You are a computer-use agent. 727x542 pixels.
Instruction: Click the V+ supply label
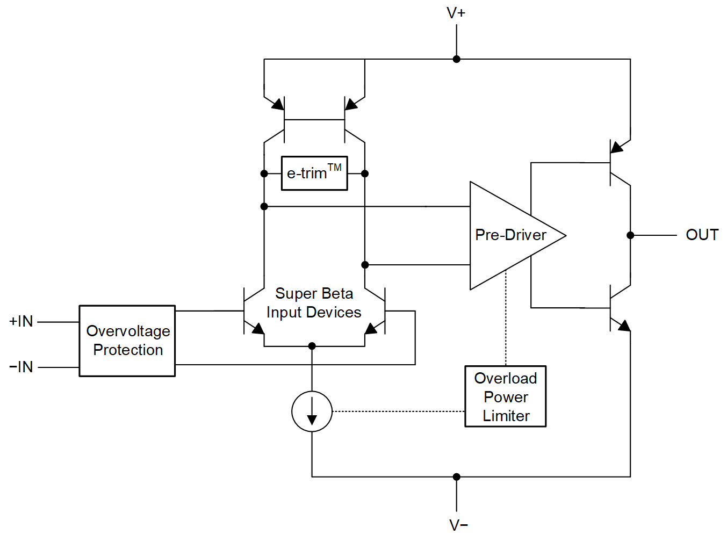click(x=456, y=13)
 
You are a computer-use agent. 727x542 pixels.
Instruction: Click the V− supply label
click(x=458, y=525)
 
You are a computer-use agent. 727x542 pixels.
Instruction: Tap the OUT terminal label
click(x=702, y=235)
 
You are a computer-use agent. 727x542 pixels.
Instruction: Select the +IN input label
click(x=21, y=321)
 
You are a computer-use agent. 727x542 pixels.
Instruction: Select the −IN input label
click(x=21, y=367)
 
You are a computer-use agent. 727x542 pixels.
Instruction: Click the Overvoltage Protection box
click(x=127, y=341)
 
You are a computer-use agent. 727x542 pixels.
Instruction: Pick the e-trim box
click(x=314, y=173)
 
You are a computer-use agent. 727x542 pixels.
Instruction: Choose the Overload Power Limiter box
click(x=505, y=396)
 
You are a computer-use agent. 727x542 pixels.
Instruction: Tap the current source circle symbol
click(x=312, y=411)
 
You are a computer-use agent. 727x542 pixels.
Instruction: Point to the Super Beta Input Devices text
click(x=314, y=303)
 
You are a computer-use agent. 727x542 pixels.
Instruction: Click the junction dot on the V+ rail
click(x=456, y=59)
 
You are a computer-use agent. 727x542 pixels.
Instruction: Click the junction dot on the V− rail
click(x=456, y=476)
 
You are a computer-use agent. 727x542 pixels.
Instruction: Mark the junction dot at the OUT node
click(x=630, y=235)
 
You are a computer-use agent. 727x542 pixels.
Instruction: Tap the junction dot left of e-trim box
click(x=264, y=174)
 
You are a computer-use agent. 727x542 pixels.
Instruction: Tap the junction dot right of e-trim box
click(x=365, y=174)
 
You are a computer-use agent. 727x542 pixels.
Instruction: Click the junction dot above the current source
click(x=312, y=346)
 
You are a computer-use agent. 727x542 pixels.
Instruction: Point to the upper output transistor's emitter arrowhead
click(x=617, y=147)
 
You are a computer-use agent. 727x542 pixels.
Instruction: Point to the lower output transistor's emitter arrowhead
click(x=623, y=325)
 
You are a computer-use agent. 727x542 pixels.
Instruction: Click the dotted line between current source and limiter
click(x=398, y=411)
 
